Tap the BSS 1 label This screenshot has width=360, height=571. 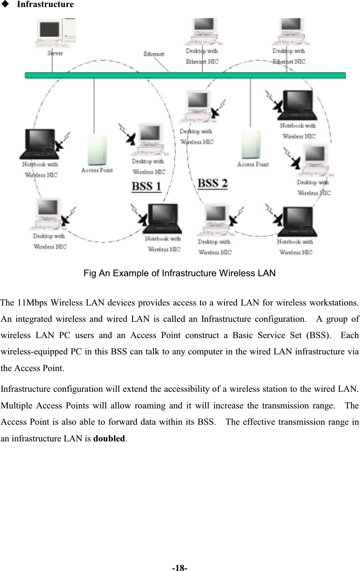click(147, 186)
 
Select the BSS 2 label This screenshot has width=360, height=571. click(212, 183)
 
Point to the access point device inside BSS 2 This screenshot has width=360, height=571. click(251, 144)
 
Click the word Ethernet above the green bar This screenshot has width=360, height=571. click(154, 54)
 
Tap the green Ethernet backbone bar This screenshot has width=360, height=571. click(185, 76)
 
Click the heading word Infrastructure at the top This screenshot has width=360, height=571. click(45, 4)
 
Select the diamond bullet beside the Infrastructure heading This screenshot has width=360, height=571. click(5, 4)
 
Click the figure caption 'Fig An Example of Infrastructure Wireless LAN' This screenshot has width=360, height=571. click(179, 273)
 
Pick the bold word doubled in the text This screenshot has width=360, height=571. click(109, 438)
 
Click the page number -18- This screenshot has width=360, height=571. click(180, 568)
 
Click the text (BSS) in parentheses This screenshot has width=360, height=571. click(318, 335)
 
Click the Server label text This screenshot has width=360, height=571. click(55, 53)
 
